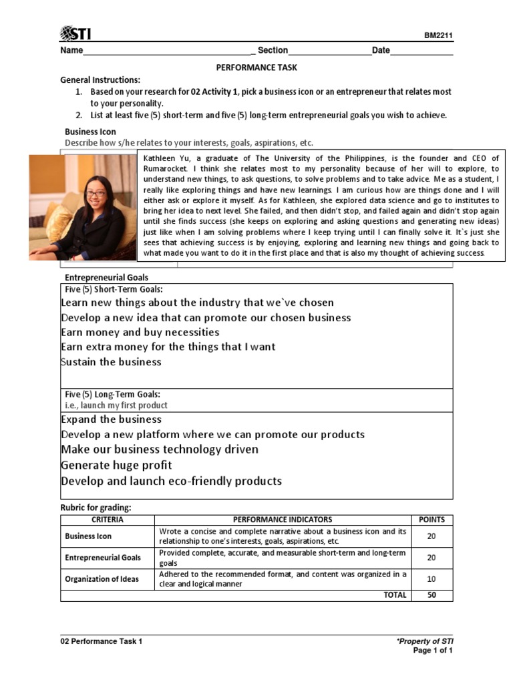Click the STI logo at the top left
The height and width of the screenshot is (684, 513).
[x=76, y=34]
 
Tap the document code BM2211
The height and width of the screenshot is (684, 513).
[x=438, y=37]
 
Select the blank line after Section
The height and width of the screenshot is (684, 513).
[x=329, y=51]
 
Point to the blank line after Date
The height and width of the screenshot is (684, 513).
[x=421, y=51]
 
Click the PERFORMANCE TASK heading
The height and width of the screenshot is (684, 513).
[x=256, y=67]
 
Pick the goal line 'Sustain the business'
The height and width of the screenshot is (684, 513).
[x=112, y=362]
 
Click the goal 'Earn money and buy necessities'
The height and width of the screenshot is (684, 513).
[x=140, y=333]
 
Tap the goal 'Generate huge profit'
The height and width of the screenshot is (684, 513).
[x=116, y=465]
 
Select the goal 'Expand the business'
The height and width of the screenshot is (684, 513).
[x=112, y=419]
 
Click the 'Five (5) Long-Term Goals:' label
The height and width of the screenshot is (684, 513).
[x=112, y=394]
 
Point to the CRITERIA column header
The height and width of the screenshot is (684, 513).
[x=107, y=520]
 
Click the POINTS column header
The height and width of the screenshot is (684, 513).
[x=432, y=520]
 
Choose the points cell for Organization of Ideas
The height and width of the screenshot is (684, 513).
[x=432, y=579]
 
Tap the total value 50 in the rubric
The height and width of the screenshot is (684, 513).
[x=432, y=595]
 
